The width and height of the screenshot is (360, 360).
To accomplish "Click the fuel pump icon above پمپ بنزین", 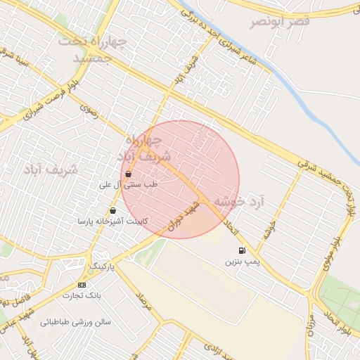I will (x=243, y=250).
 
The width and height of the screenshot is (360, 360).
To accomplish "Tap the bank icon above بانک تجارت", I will (x=82, y=285).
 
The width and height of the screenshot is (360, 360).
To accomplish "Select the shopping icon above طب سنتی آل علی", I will (x=128, y=174).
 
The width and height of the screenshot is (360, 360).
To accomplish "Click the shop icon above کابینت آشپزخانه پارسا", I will (x=112, y=210).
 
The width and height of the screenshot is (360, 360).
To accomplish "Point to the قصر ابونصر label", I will (x=280, y=22).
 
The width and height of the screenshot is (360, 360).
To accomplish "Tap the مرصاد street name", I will (x=144, y=301).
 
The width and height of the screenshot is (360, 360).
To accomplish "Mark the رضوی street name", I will (x=89, y=110).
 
